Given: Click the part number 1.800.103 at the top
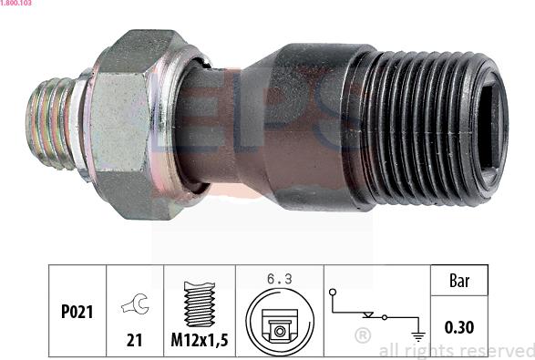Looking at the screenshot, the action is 15,3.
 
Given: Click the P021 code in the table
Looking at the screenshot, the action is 77,312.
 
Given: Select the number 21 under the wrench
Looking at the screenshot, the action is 134,340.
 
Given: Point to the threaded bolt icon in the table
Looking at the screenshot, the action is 200,304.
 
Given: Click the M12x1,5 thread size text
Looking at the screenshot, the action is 200,340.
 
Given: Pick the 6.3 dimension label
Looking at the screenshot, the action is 280,279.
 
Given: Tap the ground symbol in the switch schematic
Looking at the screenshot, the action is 418,336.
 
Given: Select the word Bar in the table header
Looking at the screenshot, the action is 459,281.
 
